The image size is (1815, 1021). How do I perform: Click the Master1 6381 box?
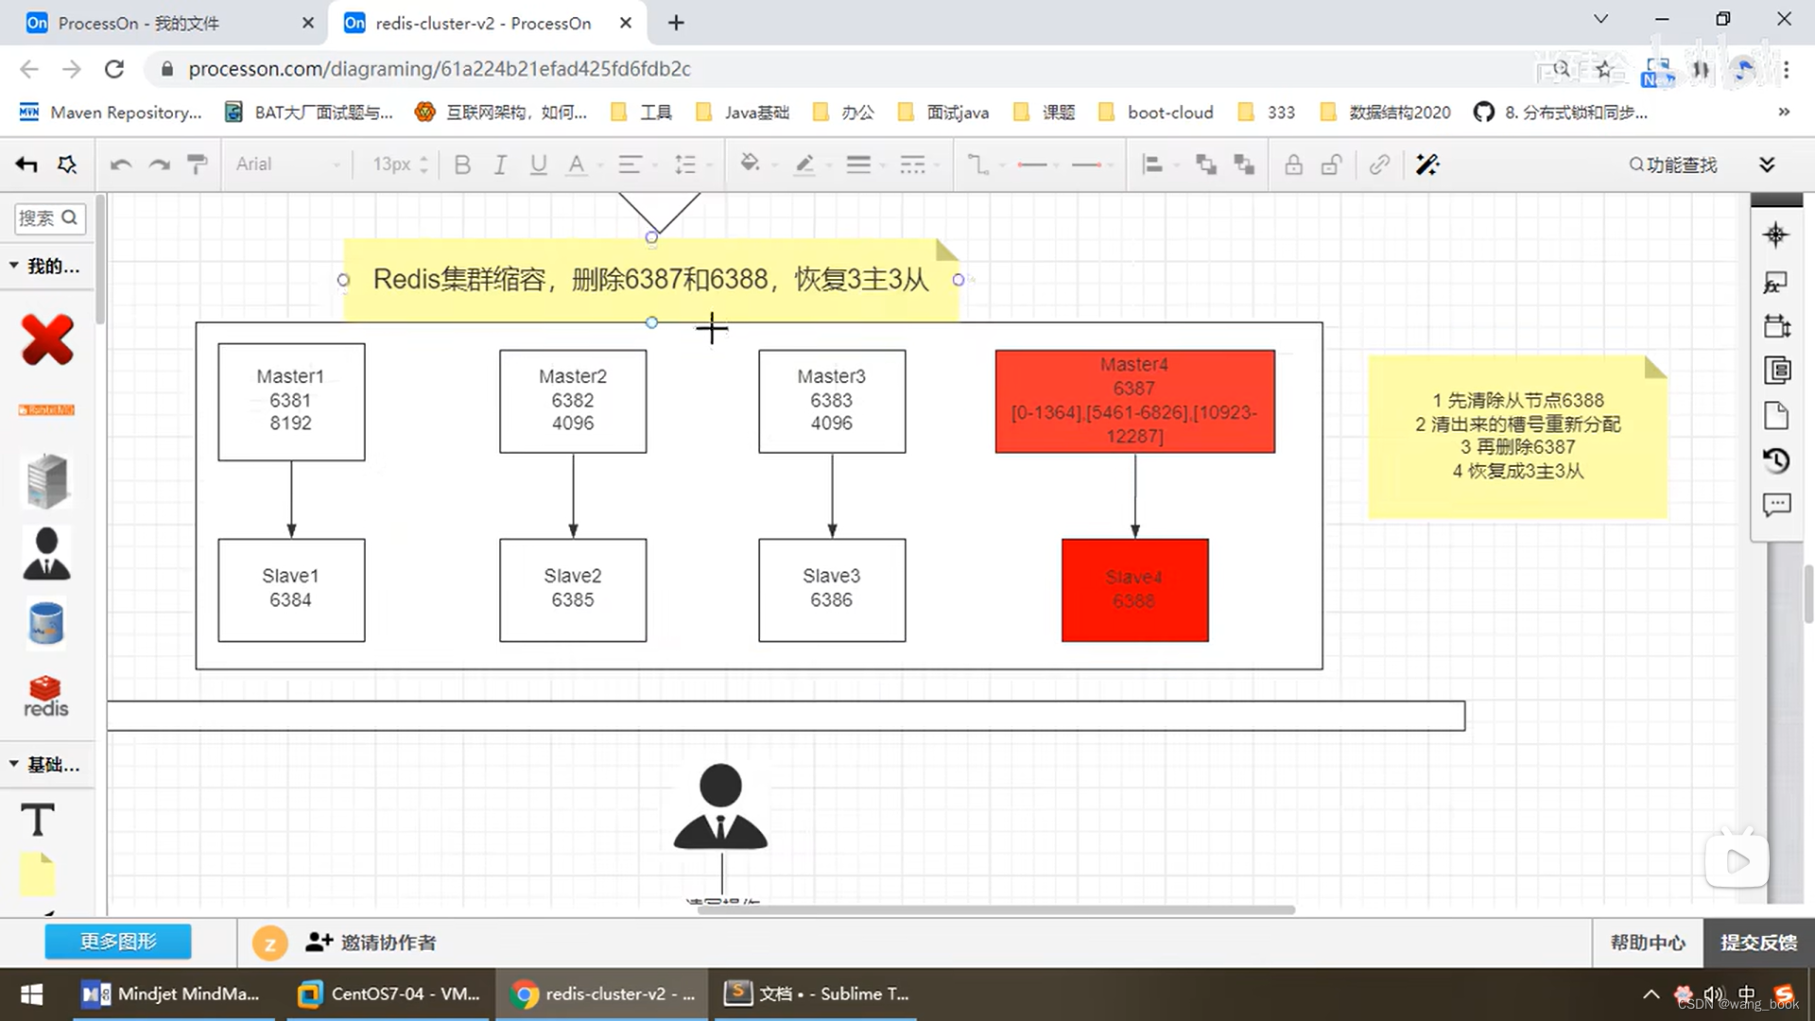pos(291,401)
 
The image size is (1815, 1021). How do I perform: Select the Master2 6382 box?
pos(573,401)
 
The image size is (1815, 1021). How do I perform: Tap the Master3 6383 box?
pos(832,401)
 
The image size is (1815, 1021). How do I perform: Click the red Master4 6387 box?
pos(1134,401)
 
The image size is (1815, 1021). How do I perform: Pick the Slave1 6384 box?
pos(291,589)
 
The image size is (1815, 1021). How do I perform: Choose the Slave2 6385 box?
pos(573,589)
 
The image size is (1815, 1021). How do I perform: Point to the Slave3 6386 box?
pos(832,589)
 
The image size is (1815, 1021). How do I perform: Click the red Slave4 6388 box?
pos(1134,589)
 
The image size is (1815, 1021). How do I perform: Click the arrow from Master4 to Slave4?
pos(1135,495)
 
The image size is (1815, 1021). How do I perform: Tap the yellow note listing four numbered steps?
pos(1517,437)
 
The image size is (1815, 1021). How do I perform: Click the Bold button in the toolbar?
pos(462,164)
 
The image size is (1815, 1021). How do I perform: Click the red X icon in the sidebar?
pos(47,339)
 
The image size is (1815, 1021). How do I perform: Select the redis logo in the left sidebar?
pos(45,697)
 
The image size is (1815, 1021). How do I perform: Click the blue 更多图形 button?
pos(118,942)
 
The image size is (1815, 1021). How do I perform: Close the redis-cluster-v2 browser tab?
pos(626,23)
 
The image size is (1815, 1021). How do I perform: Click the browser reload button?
pos(114,69)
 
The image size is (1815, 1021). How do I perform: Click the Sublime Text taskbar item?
pos(817,994)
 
